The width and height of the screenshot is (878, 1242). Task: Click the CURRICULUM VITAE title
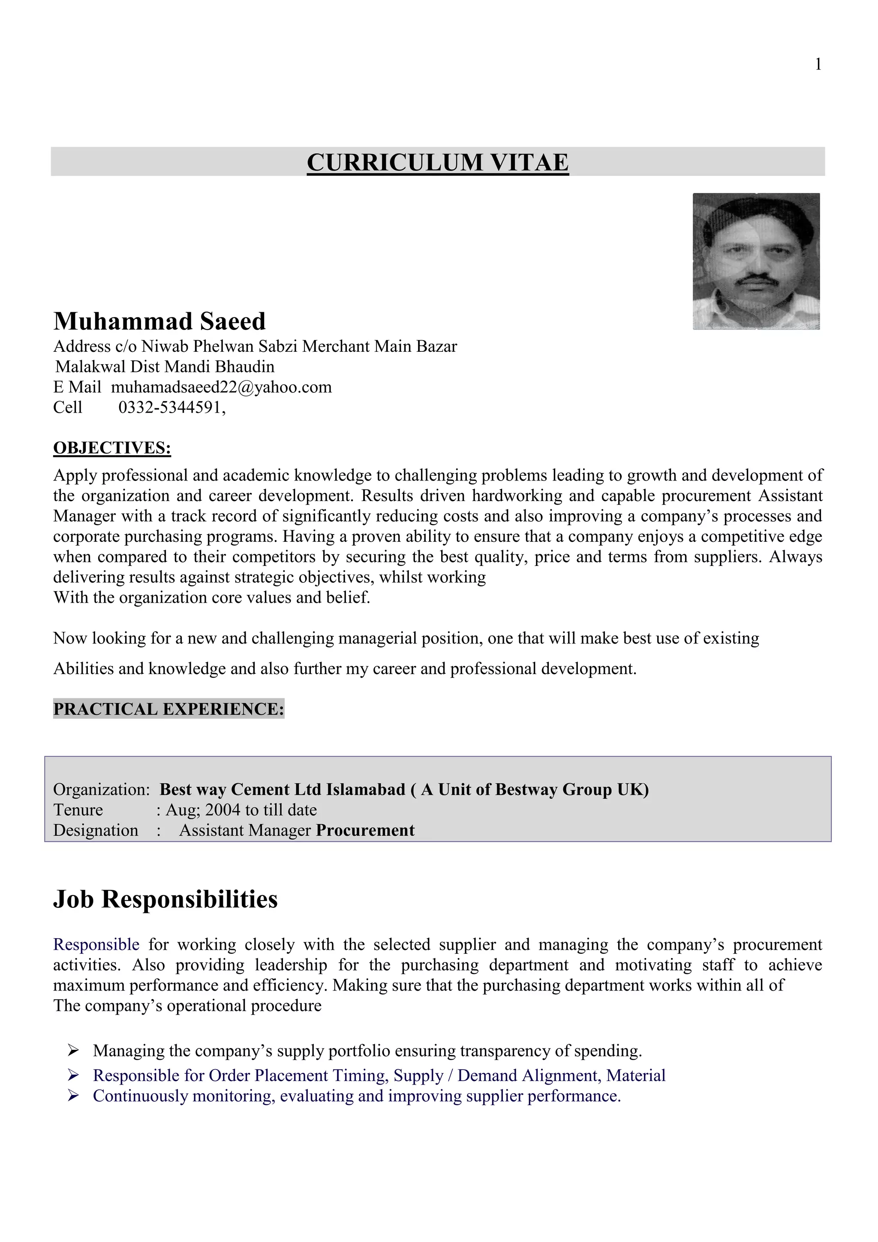click(437, 162)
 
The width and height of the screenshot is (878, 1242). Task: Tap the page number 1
click(818, 64)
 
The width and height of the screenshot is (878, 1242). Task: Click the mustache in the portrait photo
click(757, 279)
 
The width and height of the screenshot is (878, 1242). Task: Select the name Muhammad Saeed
click(159, 321)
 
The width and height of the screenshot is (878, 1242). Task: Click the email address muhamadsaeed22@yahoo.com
click(221, 387)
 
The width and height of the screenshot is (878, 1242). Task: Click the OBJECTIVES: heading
click(112, 448)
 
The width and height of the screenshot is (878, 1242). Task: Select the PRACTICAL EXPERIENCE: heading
click(168, 709)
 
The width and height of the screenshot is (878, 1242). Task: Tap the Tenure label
click(78, 810)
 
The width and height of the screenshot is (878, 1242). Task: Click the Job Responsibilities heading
click(165, 899)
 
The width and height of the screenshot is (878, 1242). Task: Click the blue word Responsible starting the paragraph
click(96, 945)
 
